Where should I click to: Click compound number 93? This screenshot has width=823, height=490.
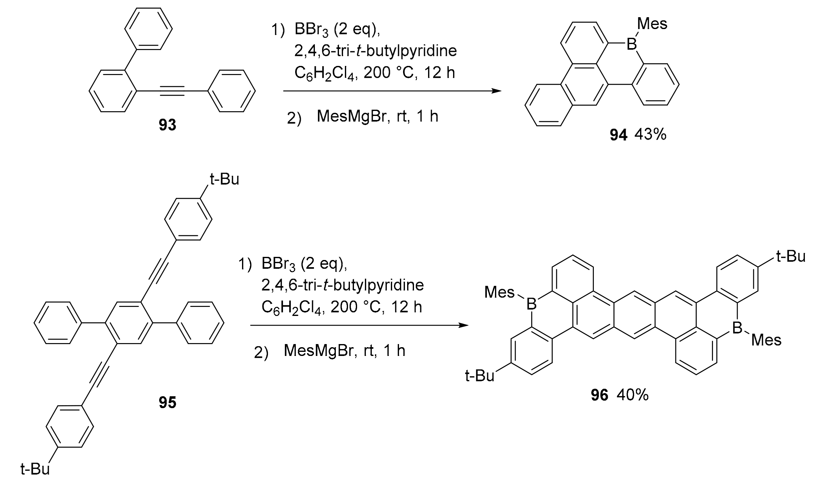(x=167, y=125)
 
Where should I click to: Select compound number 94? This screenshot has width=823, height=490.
(x=618, y=135)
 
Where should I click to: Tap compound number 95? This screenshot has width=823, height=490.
(x=167, y=402)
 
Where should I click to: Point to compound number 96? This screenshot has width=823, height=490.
(x=599, y=395)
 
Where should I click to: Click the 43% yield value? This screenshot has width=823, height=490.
(x=650, y=135)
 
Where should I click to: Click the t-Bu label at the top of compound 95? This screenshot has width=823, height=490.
(x=224, y=180)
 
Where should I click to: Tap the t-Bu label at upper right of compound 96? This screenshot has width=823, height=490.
(x=790, y=257)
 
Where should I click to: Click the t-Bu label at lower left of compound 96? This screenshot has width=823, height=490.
(x=479, y=376)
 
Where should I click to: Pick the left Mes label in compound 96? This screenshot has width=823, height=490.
(x=499, y=292)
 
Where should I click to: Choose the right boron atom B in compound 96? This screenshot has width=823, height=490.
(x=737, y=328)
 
